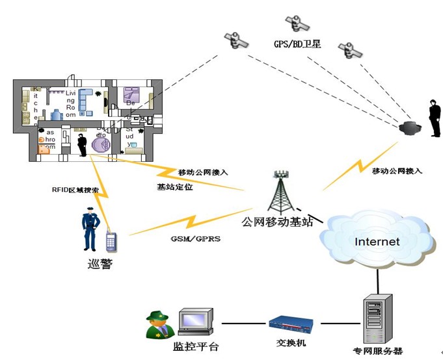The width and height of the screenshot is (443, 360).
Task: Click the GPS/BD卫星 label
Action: pyautogui.click(x=297, y=44)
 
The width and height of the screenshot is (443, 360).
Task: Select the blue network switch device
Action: pyautogui.click(x=292, y=322)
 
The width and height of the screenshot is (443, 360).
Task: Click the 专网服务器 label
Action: pyautogui.click(x=377, y=351)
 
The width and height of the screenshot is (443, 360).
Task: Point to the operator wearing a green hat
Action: pyautogui.click(x=159, y=324)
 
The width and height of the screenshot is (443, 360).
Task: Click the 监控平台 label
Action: pyautogui.click(x=196, y=347)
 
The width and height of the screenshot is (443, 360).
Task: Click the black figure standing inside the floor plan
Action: pyautogui.click(x=82, y=144)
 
